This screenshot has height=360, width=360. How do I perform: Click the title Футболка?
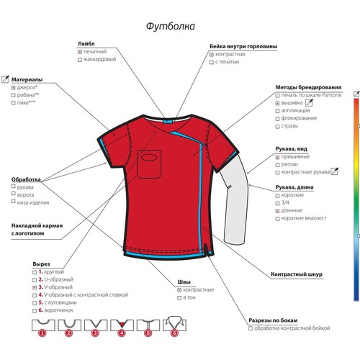[171, 26]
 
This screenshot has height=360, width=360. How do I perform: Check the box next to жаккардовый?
[80, 60]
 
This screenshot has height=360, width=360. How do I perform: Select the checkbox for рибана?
[14, 95]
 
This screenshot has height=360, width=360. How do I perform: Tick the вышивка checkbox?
[277, 103]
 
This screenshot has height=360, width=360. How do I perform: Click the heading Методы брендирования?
[308, 87]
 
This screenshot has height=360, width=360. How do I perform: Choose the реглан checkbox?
[277, 165]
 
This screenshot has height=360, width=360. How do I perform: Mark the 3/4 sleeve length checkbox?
[277, 203]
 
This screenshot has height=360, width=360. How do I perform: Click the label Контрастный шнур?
[297, 274]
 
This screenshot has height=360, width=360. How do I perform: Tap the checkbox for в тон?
[179, 298]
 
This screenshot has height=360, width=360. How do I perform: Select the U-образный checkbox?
[35, 280]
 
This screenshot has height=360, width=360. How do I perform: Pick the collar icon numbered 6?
[175, 326]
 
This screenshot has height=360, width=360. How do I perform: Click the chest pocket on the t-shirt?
[149, 164]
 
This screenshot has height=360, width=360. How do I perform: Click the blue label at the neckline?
[166, 121]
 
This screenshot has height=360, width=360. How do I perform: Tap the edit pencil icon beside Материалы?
[5, 79]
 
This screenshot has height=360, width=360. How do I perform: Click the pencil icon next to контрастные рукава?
[335, 171]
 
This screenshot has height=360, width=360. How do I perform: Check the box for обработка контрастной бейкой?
[251, 328]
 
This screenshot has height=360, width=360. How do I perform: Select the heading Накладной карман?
[37, 225]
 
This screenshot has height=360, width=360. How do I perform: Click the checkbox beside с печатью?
[212, 63]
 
